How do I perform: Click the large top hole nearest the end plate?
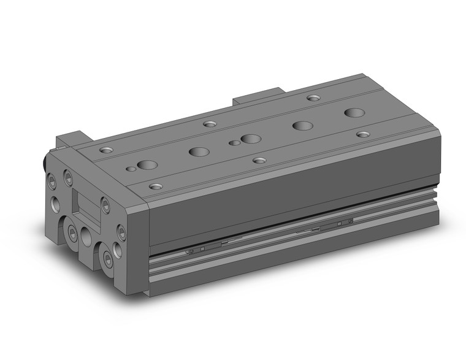146,164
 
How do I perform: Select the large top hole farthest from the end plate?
353,112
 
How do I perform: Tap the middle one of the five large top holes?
249,139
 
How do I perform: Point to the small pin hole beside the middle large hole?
233,143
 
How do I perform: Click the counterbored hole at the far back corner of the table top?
313,98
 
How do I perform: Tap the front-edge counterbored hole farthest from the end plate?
363,134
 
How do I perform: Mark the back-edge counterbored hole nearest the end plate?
108,149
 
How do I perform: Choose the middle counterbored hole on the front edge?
260,160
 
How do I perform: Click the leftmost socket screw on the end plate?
53,180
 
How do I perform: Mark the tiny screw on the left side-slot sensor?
189,252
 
